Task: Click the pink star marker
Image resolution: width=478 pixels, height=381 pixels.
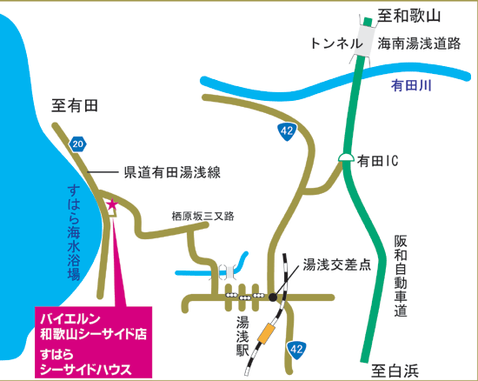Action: [112, 204]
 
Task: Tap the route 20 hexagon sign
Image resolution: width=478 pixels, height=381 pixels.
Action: [78, 144]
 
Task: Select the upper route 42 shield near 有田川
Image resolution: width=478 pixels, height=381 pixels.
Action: [287, 131]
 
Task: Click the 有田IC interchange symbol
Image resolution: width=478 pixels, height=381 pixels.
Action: [346, 157]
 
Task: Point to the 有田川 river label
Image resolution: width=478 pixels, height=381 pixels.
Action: [411, 85]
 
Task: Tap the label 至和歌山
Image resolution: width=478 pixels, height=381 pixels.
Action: [409, 16]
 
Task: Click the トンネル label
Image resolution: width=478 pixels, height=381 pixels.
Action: [336, 43]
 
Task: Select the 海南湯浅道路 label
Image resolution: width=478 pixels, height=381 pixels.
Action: [419, 43]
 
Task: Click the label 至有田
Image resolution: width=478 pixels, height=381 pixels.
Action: [75, 106]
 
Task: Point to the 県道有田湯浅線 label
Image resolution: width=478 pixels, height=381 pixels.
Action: [172, 172]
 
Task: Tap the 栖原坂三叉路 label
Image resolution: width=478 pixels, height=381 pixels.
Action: [203, 217]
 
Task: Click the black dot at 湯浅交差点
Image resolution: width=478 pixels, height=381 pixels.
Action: [273, 297]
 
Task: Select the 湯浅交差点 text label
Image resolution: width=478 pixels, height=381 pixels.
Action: [337, 264]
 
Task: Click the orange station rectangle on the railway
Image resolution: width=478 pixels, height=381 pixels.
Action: [266, 333]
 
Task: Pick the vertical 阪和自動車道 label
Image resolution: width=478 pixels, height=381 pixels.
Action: [401, 276]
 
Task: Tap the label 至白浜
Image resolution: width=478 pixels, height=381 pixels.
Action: [395, 371]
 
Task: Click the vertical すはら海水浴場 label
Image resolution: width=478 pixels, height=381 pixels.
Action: [74, 232]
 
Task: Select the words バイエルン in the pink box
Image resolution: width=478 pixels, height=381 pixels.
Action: [70, 318]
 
